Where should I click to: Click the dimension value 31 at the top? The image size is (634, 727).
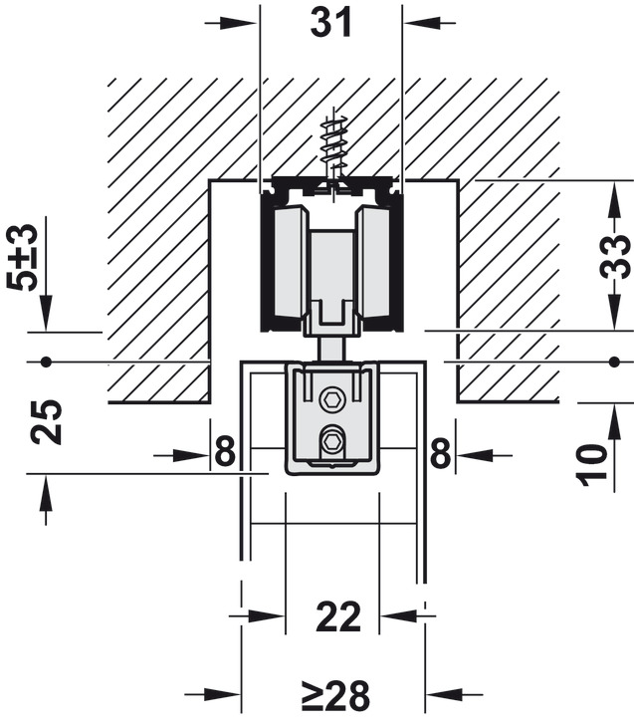pyautogui.click(x=331, y=22)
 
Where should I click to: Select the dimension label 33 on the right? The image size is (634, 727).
pyautogui.click(x=617, y=256)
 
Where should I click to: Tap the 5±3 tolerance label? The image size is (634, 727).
pyautogui.click(x=22, y=256)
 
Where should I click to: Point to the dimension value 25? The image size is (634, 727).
pyautogui.click(x=47, y=421)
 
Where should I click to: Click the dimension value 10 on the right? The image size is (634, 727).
pyautogui.click(x=593, y=463)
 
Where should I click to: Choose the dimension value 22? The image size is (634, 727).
pyautogui.click(x=339, y=617)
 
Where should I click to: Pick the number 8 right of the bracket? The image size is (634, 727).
pyautogui.click(x=439, y=454)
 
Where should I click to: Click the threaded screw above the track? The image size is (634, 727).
pyautogui.click(x=332, y=149)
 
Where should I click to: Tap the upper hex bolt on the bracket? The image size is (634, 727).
pyautogui.click(x=331, y=400)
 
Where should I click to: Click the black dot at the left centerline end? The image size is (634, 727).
pyautogui.click(x=46, y=360)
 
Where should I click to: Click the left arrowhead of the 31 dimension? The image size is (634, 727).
pyautogui.click(x=248, y=22)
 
